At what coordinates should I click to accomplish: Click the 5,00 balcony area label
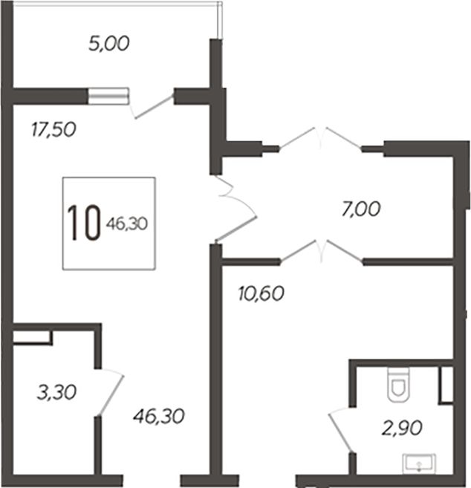109,44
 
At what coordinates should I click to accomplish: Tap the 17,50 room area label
53,129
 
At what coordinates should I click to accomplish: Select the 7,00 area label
361,209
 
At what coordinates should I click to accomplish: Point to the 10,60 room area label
262,293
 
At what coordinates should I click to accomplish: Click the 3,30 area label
56,392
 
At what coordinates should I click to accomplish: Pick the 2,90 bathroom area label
402,428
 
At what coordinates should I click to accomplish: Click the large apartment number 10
84,223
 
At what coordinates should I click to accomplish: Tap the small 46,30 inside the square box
127,224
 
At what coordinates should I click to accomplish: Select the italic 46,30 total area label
159,417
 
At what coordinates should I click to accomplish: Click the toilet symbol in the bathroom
398,385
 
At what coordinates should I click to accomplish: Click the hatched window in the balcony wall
108,96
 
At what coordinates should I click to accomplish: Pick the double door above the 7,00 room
321,138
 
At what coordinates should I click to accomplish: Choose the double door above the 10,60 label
321,252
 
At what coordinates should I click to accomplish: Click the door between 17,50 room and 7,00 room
235,208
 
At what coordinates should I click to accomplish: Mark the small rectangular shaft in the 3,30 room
32,337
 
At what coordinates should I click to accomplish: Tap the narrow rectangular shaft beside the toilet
446,385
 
